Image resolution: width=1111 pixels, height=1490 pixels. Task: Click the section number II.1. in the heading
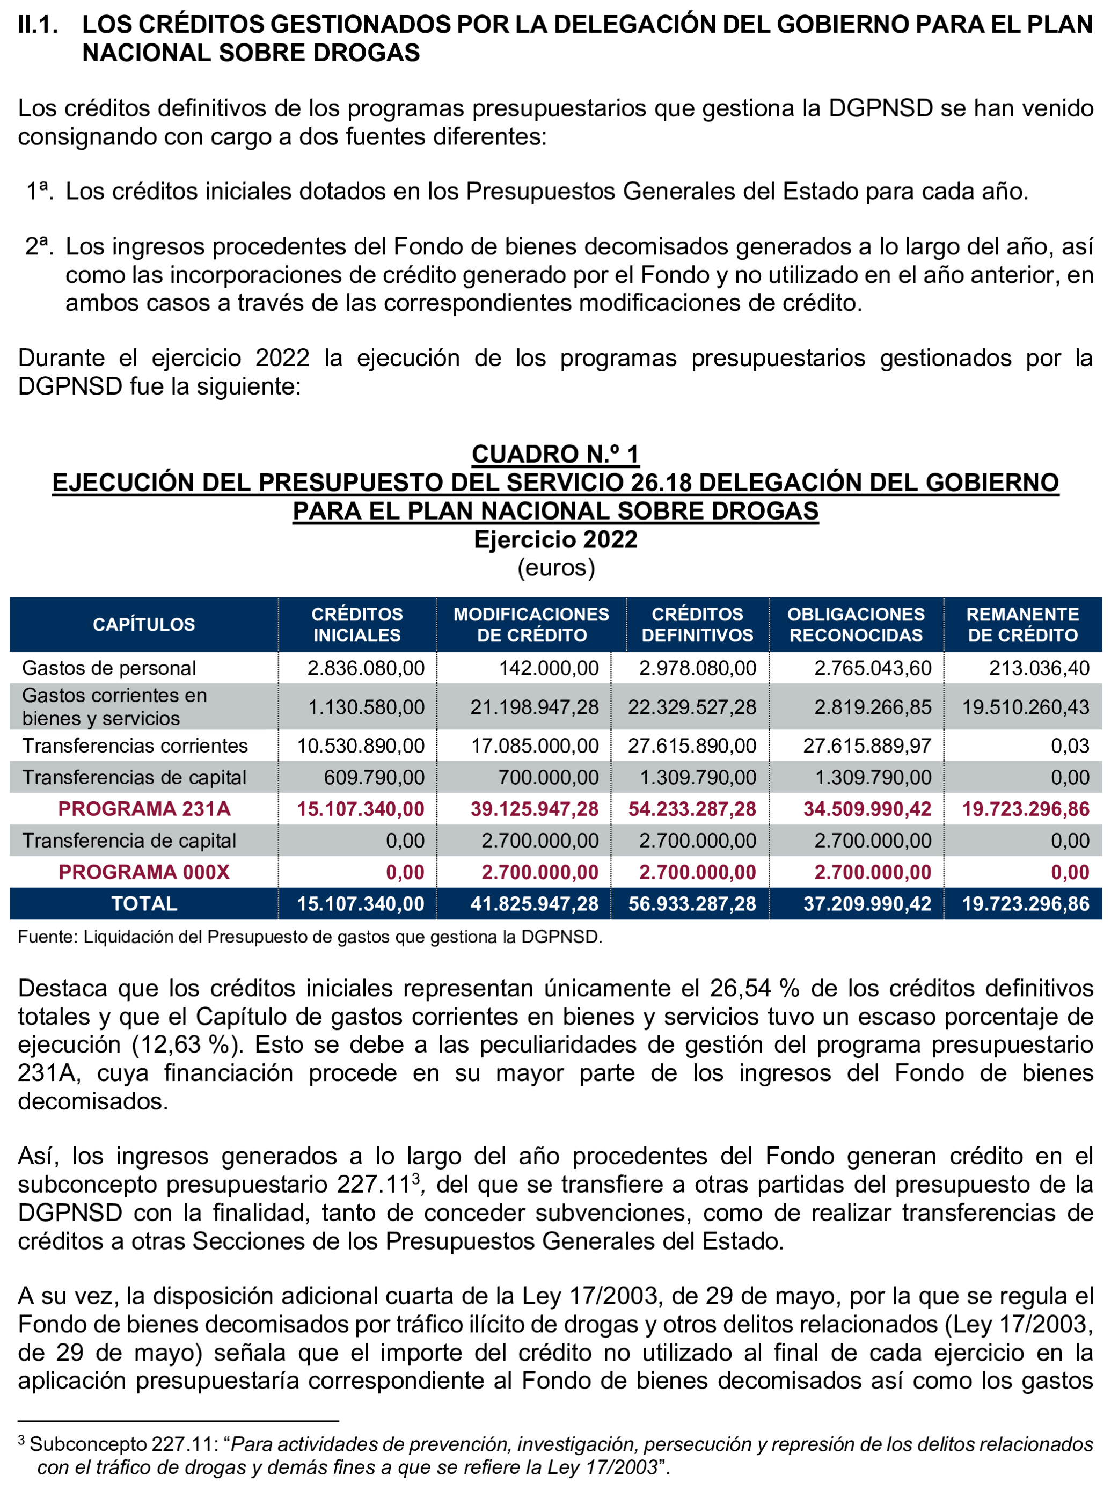pyautogui.click(x=38, y=25)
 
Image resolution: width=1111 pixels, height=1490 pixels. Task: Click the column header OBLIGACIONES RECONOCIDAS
pyautogui.click(x=856, y=625)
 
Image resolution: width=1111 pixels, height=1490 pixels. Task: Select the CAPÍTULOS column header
pyautogui.click(x=143, y=625)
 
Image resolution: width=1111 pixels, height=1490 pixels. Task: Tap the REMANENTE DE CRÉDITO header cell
pyautogui.click(x=1022, y=625)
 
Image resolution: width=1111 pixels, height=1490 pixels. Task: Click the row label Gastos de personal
pyautogui.click(x=109, y=668)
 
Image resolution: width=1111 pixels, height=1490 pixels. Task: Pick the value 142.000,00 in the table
pyautogui.click(x=549, y=668)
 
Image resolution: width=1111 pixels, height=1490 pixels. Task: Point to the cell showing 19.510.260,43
pyautogui.click(x=1025, y=707)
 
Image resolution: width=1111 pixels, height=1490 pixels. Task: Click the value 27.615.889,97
pyautogui.click(x=867, y=746)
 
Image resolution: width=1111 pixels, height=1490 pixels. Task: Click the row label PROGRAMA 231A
pyautogui.click(x=144, y=809)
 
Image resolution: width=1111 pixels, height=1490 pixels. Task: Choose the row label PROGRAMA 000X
pyautogui.click(x=144, y=872)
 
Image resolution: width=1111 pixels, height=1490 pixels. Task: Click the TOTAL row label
pyautogui.click(x=144, y=904)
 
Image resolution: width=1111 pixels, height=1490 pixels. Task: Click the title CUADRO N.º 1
pyautogui.click(x=555, y=455)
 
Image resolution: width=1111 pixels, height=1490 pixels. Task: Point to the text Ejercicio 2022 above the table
pyautogui.click(x=555, y=540)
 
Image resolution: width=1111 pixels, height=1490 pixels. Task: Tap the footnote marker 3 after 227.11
pyautogui.click(x=416, y=1178)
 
